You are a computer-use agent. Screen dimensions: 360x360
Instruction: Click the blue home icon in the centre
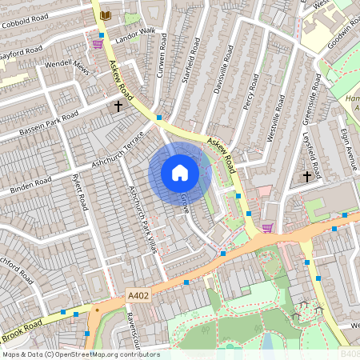point(180,172)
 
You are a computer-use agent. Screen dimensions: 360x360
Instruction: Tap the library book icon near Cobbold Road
point(106,15)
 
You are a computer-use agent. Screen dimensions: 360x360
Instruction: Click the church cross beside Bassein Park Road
point(118,105)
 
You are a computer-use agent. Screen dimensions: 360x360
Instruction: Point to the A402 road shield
point(138,296)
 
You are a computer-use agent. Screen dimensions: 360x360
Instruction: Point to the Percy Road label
point(250,91)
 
